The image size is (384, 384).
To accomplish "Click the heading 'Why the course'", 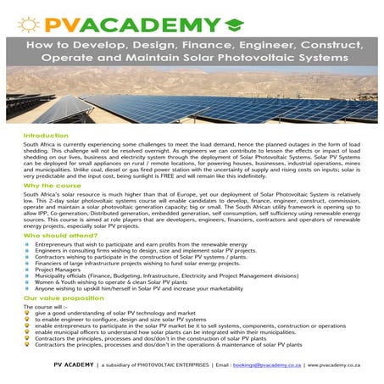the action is (52, 185).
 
